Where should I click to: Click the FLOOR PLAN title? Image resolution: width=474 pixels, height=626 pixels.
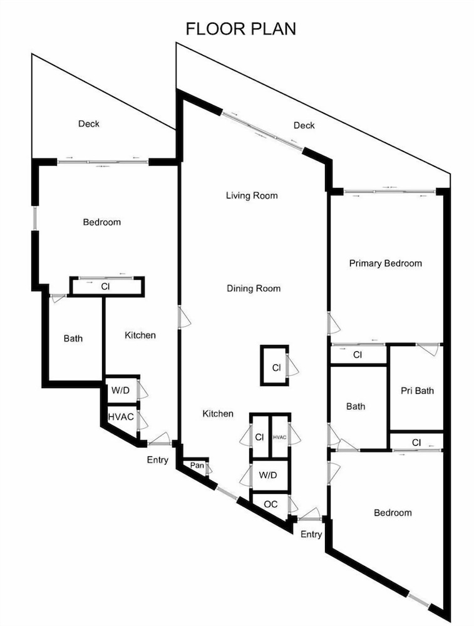coord(241,29)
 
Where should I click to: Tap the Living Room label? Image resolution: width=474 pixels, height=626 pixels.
coord(252,195)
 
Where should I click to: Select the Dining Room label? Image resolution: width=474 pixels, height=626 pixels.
coord(254,288)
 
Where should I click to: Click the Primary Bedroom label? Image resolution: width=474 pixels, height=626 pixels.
coord(385,264)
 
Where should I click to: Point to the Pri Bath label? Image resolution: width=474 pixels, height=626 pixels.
coord(417,391)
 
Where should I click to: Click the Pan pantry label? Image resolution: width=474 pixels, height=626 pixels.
coord(197,466)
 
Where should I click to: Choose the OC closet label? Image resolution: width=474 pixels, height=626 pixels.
coord(270,504)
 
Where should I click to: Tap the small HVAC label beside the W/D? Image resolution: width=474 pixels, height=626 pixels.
coord(279,438)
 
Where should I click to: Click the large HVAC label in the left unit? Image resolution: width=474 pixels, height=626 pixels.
coord(121,417)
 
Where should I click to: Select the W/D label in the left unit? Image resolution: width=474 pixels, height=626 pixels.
coord(120,390)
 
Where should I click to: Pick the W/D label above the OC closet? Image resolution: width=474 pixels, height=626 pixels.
coord(268,475)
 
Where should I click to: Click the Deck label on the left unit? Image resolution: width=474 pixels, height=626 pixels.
coord(89,124)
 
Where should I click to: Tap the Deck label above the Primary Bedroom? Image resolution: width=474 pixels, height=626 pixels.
coord(304,125)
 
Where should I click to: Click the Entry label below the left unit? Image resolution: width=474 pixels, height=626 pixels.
coord(157,460)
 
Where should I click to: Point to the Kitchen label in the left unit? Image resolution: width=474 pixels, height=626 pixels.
coord(140,335)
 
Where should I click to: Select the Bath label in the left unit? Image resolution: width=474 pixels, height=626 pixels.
coord(73,339)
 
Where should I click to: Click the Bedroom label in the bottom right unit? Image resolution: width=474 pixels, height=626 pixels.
coord(393,513)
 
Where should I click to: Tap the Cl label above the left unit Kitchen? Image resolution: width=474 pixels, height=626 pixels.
coord(105,287)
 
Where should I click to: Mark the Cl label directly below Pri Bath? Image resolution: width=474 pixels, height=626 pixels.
coord(416,443)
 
